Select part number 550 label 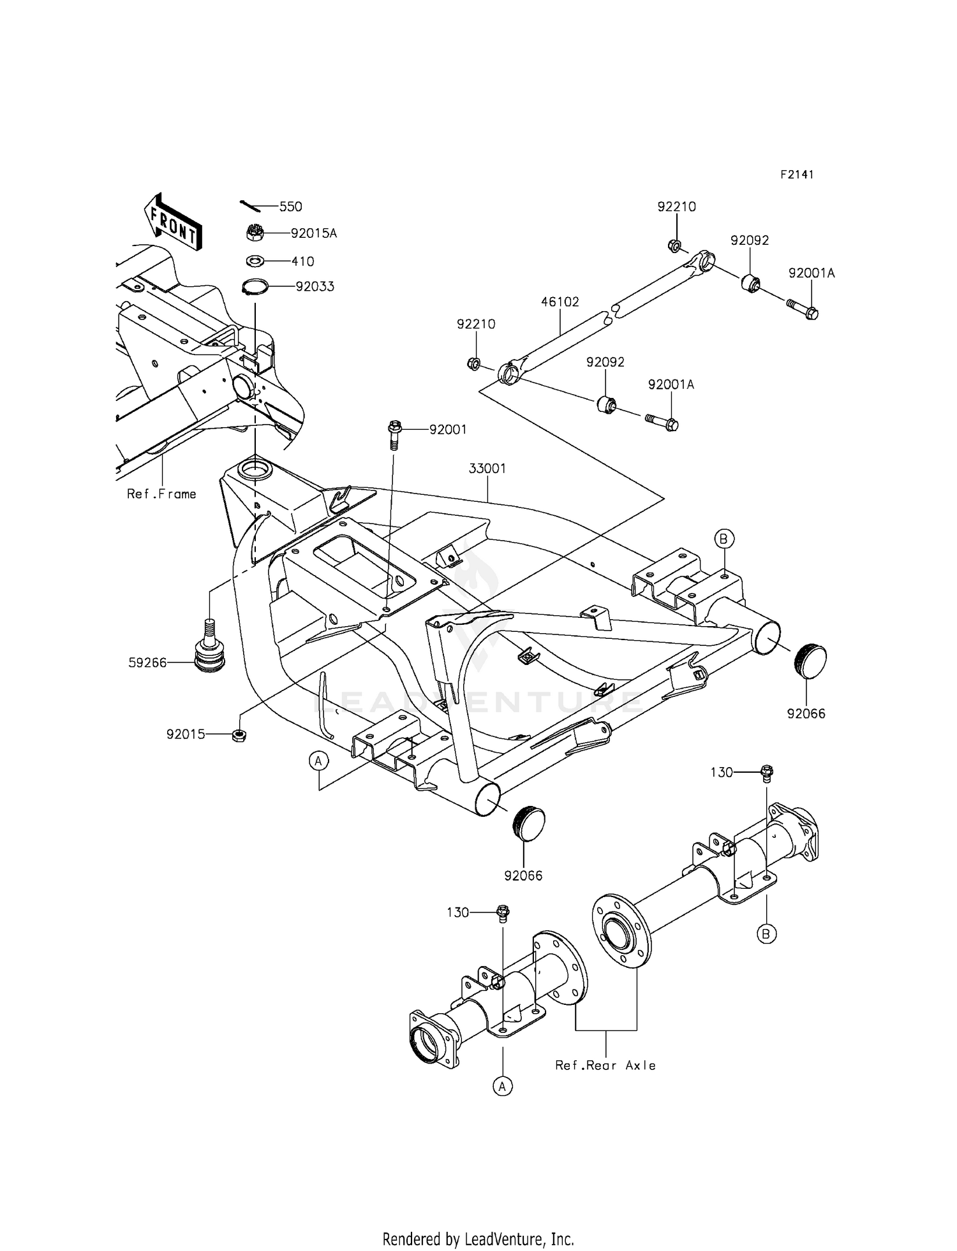(291, 207)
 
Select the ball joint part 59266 (211, 652)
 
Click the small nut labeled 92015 (239, 735)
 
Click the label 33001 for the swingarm (487, 469)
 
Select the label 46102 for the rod (560, 302)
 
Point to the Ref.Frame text (161, 494)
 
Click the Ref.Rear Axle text (605, 1065)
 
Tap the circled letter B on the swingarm (723, 539)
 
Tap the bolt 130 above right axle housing (768, 773)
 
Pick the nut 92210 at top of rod (675, 245)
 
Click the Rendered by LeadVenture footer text (478, 1239)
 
